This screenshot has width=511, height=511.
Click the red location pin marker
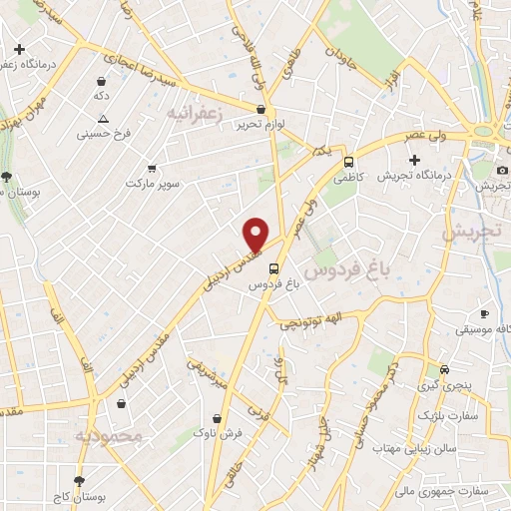point(256,234)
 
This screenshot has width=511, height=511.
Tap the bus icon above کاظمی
point(348,162)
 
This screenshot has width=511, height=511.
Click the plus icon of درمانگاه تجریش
point(415,160)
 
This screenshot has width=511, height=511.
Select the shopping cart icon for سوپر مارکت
point(152,169)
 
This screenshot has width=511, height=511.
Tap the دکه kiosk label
point(100,96)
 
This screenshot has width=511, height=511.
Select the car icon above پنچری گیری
point(443,367)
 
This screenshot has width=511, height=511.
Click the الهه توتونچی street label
point(315,320)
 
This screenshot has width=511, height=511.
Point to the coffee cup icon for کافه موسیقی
point(485,313)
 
